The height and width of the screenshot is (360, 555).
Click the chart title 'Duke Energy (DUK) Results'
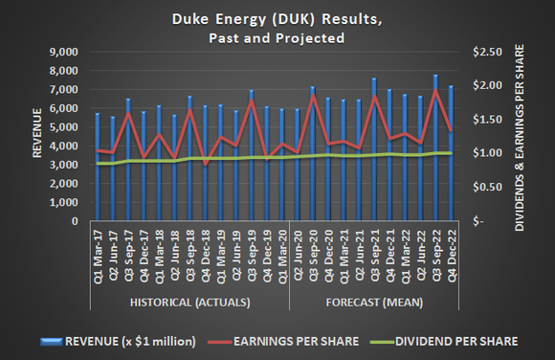coord(277,18)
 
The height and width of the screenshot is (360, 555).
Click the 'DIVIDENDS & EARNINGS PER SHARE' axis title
coord(522,136)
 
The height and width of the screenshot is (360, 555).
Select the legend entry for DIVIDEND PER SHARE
coord(450,340)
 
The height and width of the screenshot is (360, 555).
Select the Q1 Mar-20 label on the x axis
coord(281,259)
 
